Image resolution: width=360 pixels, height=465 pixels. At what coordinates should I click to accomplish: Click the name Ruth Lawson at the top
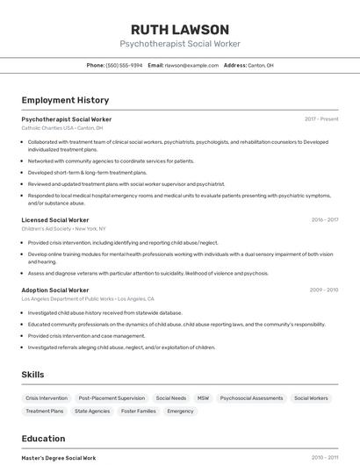point(179,29)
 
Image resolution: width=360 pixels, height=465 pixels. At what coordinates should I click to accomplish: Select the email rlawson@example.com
point(191,65)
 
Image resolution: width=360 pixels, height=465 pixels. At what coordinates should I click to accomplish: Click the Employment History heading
point(65,100)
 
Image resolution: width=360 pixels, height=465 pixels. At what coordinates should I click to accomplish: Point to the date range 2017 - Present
point(321,119)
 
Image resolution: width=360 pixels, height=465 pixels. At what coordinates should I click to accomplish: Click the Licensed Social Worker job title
point(55,220)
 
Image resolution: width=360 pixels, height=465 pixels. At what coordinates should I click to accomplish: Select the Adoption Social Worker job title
point(55,290)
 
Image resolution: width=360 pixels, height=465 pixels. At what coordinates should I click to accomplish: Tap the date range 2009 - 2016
point(323,290)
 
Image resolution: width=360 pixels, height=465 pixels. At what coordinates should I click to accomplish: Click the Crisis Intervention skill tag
point(47,397)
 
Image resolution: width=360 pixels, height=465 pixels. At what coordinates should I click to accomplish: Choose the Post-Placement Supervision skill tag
point(112,397)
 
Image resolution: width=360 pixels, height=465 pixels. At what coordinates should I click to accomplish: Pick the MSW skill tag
point(203,397)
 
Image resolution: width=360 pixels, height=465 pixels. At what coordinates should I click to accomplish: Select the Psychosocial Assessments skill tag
point(251,397)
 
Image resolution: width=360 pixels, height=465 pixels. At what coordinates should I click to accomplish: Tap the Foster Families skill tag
point(138,411)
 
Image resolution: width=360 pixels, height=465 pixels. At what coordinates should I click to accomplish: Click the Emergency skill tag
point(180,411)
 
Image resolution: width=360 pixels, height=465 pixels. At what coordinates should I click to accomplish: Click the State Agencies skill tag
point(92,411)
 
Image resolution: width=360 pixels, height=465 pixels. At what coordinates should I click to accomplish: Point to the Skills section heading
point(32,375)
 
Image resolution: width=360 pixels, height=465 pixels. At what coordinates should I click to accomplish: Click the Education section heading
point(43,439)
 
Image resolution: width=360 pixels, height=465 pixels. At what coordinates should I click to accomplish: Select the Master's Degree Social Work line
point(59,458)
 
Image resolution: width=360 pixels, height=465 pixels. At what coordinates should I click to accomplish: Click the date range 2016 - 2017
point(324,220)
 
